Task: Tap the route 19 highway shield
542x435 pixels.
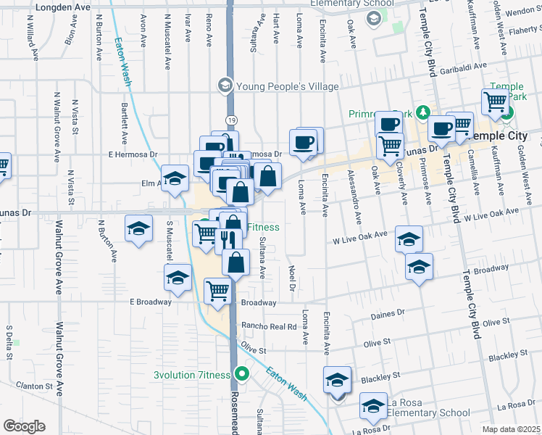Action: [x=230, y=120]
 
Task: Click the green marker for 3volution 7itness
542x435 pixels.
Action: [x=243, y=375]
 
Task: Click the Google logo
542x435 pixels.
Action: [x=24, y=426]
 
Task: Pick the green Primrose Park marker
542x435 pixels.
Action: [x=428, y=113]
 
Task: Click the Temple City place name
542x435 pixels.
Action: [x=507, y=136]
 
